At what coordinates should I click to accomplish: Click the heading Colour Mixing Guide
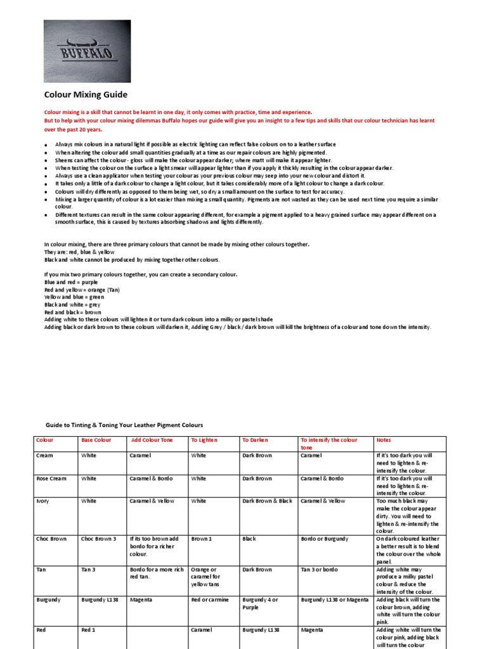pos(86,94)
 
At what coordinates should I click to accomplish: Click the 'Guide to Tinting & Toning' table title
pos(124,425)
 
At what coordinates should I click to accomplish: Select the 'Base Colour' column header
pos(96,440)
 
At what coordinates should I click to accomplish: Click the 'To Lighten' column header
pos(204,440)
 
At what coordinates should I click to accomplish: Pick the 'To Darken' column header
pos(256,440)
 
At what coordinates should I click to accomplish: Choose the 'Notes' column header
pos(384,440)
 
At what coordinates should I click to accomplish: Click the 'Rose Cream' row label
pos(51,479)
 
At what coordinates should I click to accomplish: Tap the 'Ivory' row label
pos(43,501)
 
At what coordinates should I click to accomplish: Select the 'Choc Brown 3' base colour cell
pos(99,539)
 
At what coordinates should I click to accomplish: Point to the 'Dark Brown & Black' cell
pos(268,501)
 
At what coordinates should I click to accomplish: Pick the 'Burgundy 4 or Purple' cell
pos(261,603)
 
